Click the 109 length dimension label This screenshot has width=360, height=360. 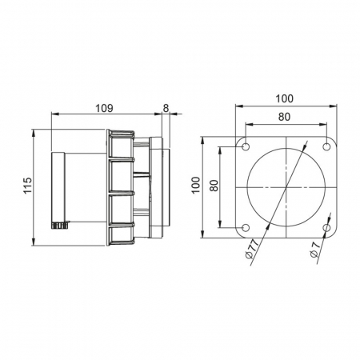pos(104,108)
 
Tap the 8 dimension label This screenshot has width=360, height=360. pos(166,108)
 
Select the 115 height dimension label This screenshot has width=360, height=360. pos(28,185)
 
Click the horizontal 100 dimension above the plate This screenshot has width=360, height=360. pos(285,98)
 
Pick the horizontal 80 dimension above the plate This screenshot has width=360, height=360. pos(285,117)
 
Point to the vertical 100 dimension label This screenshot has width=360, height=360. pos(196,186)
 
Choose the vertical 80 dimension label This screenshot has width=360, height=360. pos(214,186)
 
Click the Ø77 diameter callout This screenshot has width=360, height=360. pos(252,249)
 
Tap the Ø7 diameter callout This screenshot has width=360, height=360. pos(315,250)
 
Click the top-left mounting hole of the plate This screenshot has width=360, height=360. pos(246,146)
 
